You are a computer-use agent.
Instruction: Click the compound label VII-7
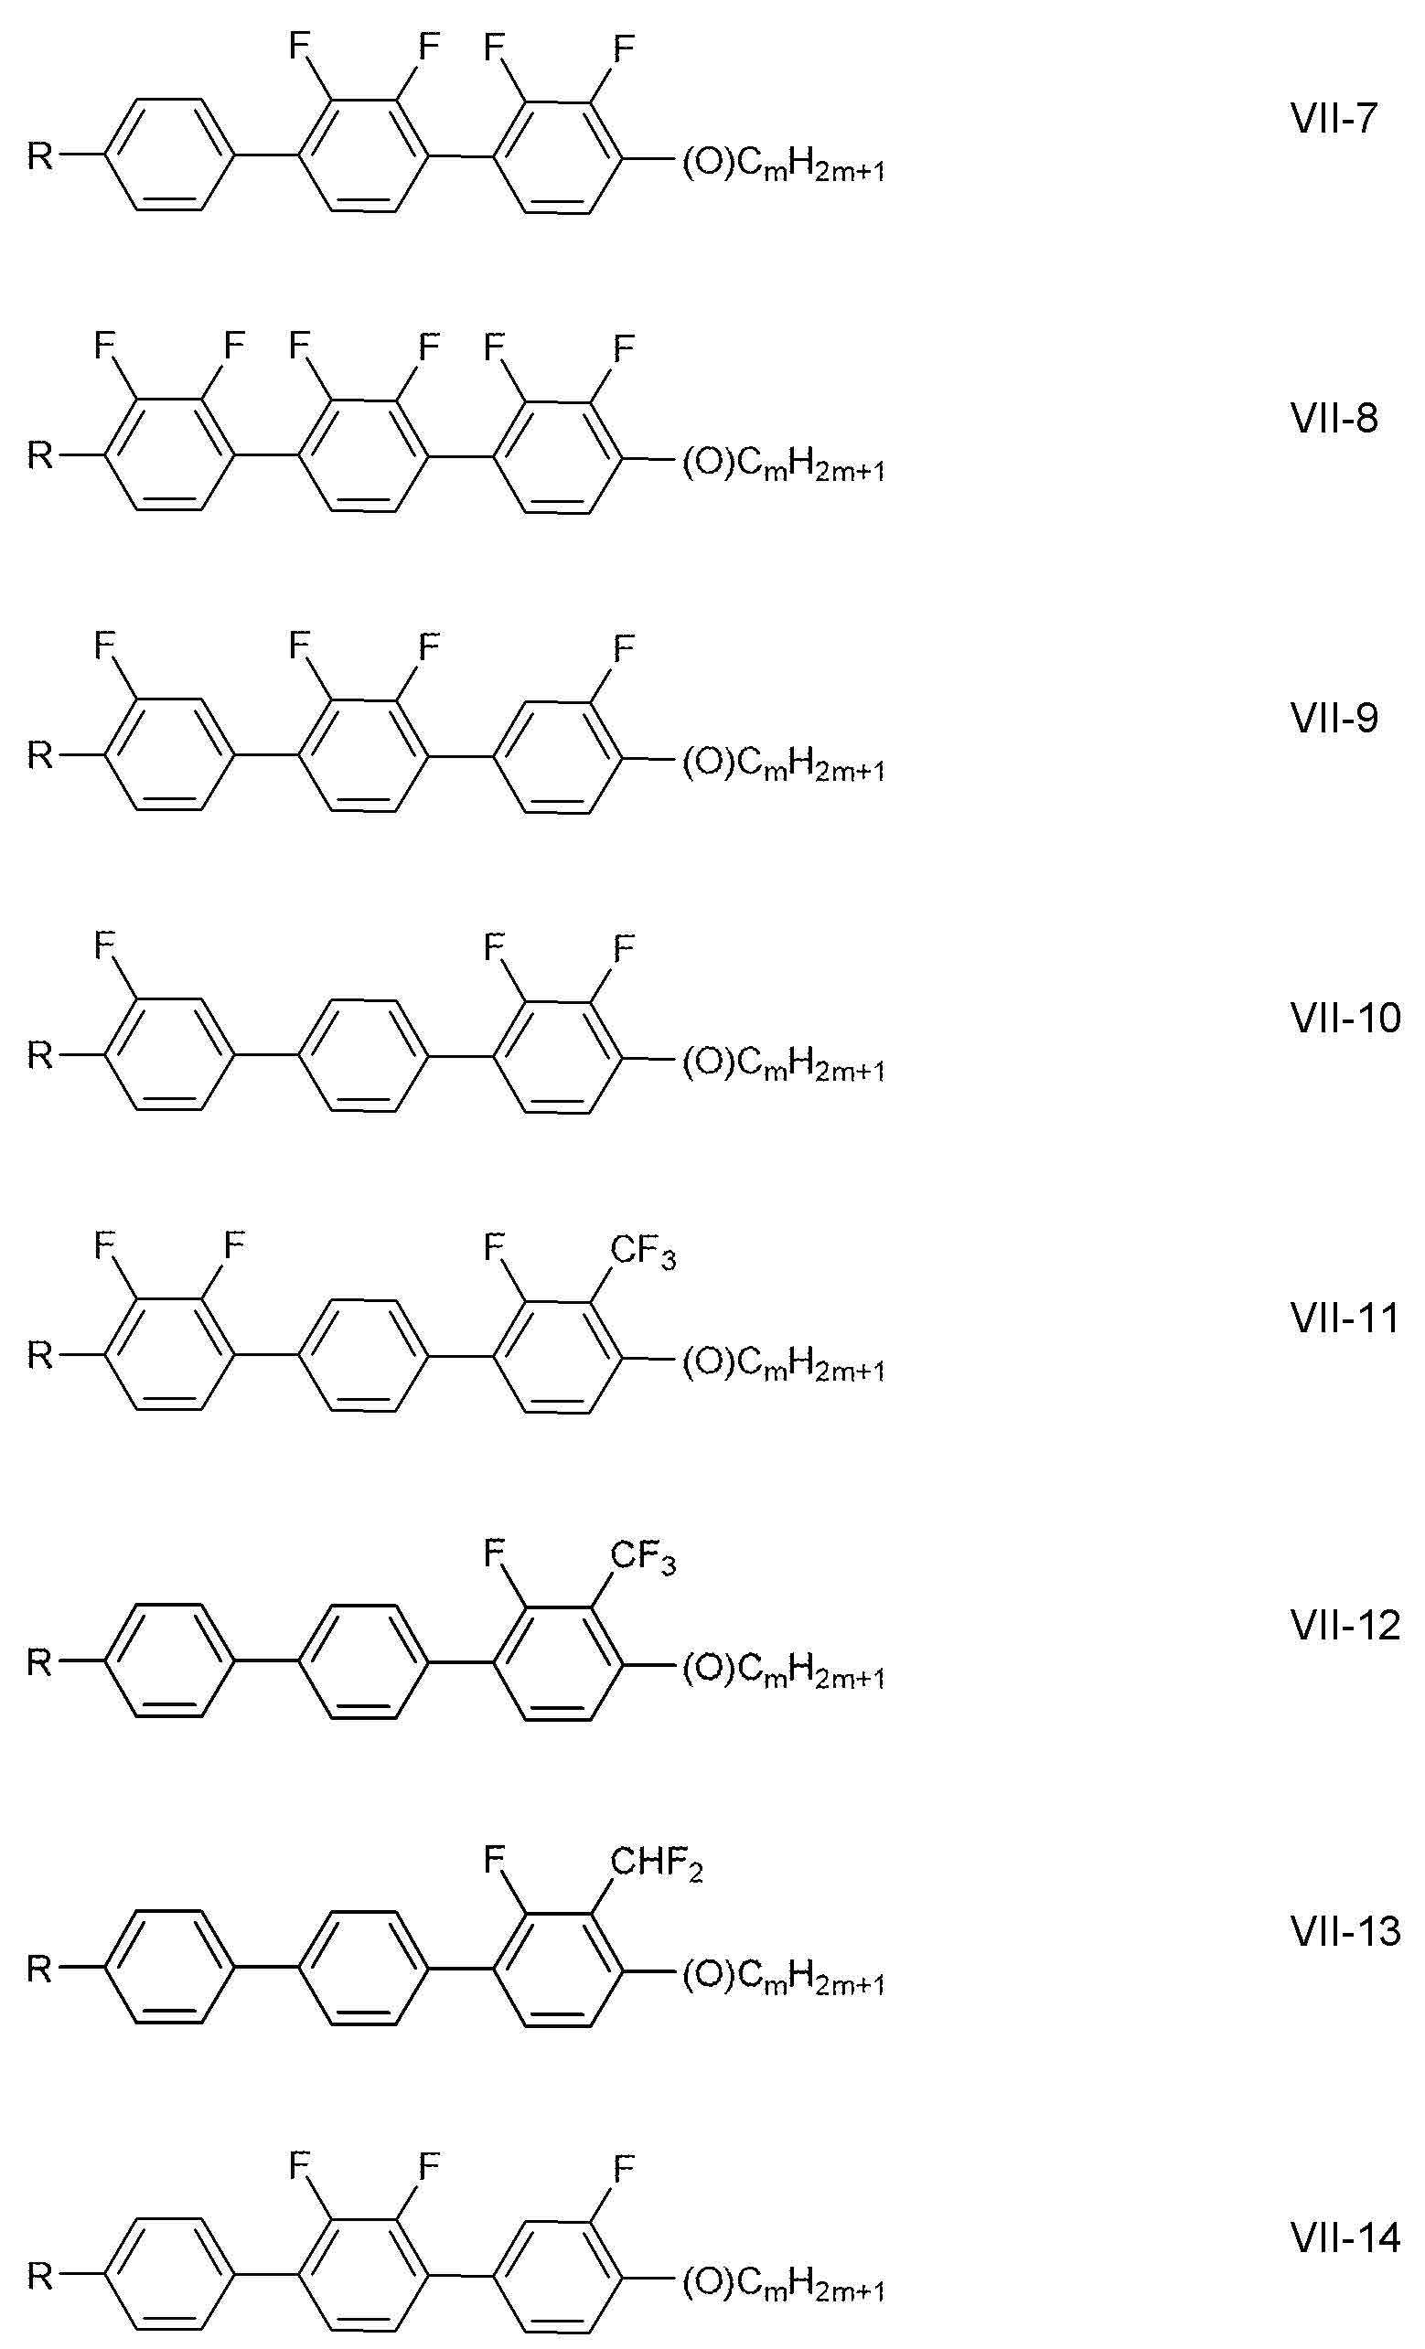pyautogui.click(x=1334, y=118)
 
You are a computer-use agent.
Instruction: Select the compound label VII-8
pyautogui.click(x=1334, y=418)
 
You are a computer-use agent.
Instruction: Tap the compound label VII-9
pyautogui.click(x=1334, y=718)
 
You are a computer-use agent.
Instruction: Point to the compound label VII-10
pyautogui.click(x=1345, y=1019)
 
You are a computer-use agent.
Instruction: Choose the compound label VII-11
pyautogui.click(x=1345, y=1319)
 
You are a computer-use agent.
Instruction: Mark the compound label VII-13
pyautogui.click(x=1345, y=1931)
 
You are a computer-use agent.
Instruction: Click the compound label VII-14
pyautogui.click(x=1345, y=2237)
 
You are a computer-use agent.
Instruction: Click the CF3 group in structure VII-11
pyautogui.click(x=643, y=1252)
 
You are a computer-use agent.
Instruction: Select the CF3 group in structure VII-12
pyautogui.click(x=643, y=1559)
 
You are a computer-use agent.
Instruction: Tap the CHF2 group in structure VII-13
pyautogui.click(x=656, y=1864)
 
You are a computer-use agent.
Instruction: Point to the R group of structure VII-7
pyautogui.click(x=39, y=155)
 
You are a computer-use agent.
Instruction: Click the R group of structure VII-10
pyautogui.click(x=39, y=1055)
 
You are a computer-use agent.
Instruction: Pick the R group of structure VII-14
pyautogui.click(x=39, y=2277)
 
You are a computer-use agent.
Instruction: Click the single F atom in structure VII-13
pyautogui.click(x=494, y=1859)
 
